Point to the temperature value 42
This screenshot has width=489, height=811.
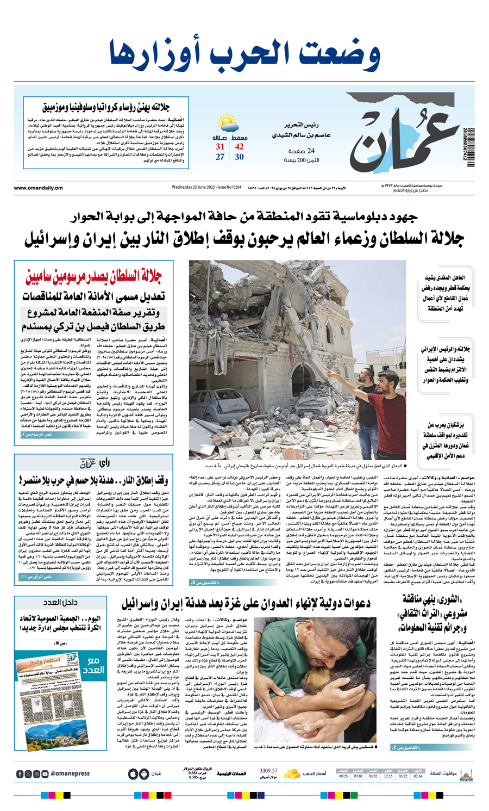tap(240, 147)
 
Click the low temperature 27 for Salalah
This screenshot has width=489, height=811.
tap(220, 157)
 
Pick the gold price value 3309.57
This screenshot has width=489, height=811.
tap(268, 770)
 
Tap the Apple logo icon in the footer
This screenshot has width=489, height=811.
tap(133, 774)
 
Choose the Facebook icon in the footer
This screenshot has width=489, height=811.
tap(20, 774)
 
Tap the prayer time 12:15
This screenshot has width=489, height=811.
tap(388, 776)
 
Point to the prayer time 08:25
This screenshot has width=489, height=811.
tap(343, 776)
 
